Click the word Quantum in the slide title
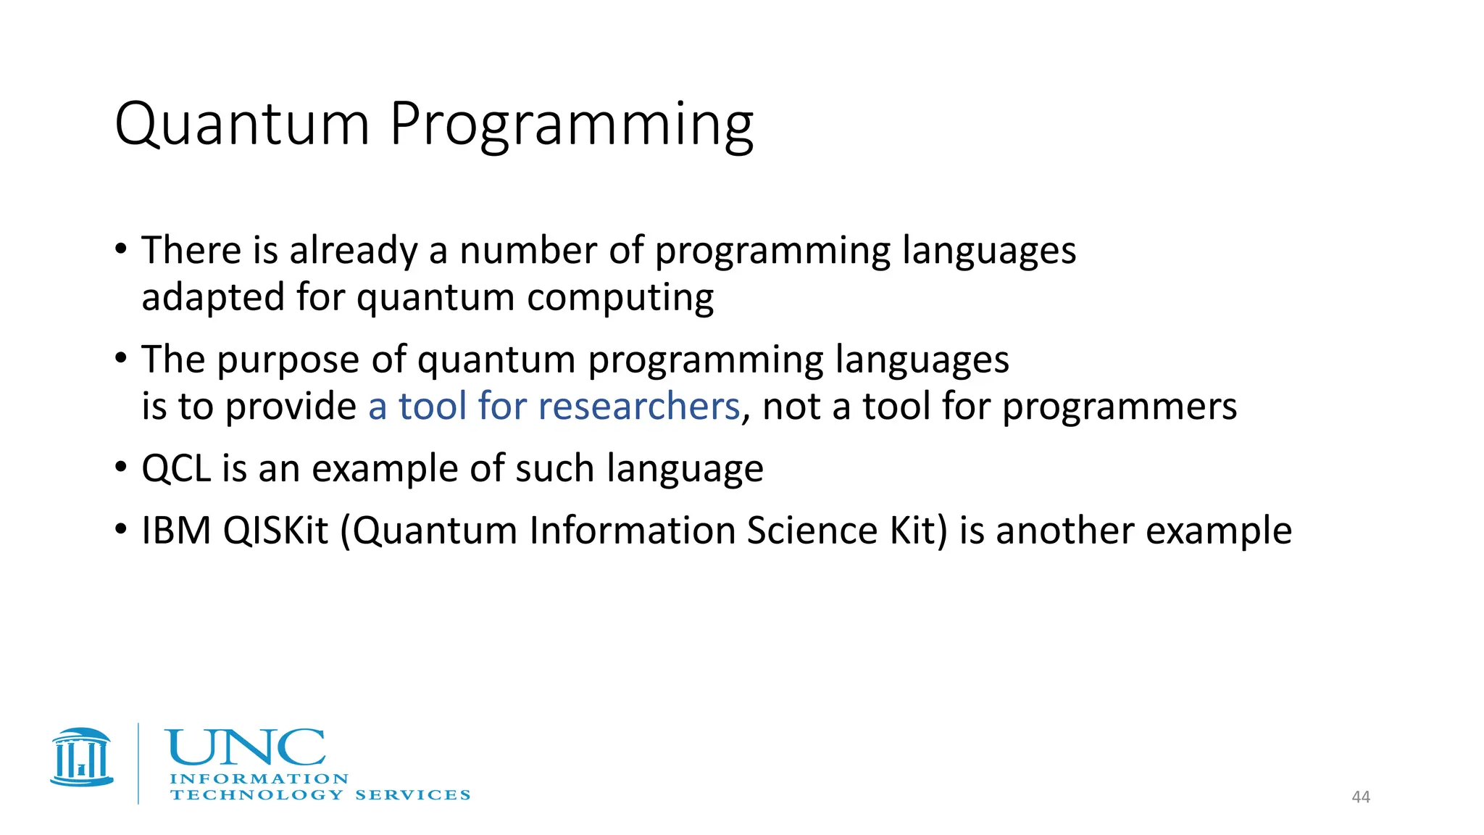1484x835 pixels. [x=242, y=125]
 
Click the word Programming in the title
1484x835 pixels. [x=572, y=125]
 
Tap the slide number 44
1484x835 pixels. [x=1361, y=797]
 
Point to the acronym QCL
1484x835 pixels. [x=176, y=469]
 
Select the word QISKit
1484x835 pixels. [x=276, y=531]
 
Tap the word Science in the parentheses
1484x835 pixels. [x=812, y=531]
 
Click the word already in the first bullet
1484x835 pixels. [x=353, y=252]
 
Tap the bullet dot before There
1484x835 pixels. [x=121, y=249]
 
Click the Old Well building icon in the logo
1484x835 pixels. [x=82, y=757]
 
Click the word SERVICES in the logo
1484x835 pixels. [x=412, y=795]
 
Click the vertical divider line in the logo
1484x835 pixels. [x=138, y=763]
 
